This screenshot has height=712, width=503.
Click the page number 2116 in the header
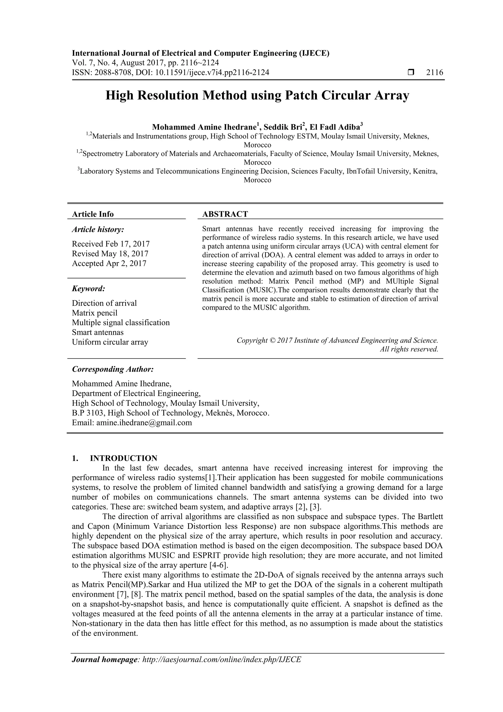(434, 73)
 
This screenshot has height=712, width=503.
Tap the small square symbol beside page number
(411, 73)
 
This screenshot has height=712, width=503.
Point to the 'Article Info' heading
(93, 214)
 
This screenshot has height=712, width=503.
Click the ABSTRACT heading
(225, 214)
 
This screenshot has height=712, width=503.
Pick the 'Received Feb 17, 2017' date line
(111, 244)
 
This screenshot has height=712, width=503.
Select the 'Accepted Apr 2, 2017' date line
(109, 263)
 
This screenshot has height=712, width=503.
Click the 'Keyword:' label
(88, 289)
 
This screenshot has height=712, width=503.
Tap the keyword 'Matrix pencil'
(95, 313)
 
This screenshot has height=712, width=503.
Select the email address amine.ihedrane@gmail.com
(144, 422)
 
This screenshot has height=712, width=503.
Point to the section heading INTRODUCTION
(123, 458)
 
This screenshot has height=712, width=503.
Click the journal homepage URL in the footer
(221, 668)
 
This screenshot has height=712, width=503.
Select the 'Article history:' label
(98, 230)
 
